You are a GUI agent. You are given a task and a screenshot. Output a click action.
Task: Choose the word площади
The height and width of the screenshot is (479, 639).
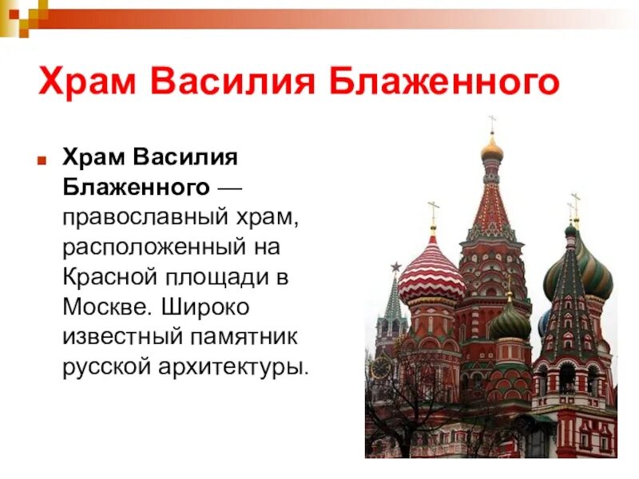coord(224,277)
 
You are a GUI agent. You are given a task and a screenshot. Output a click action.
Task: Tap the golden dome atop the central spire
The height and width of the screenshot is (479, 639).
coord(492,149)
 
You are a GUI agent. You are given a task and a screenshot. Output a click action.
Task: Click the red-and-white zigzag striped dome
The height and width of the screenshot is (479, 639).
coord(431,271)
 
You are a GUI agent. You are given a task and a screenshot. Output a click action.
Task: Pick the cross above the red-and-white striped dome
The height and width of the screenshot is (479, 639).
coord(434,211)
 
